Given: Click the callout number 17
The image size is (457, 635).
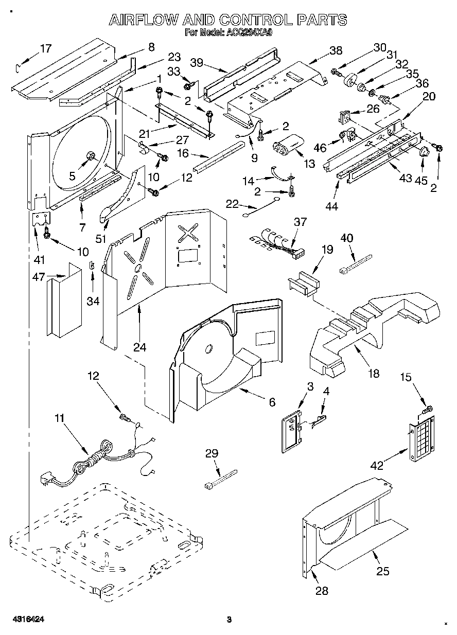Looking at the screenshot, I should click(x=46, y=49).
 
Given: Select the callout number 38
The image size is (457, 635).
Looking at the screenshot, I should click(x=335, y=50).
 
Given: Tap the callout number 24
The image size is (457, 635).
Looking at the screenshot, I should click(x=139, y=347).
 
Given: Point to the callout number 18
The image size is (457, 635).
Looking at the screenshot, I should click(x=374, y=373).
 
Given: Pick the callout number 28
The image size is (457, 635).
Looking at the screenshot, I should click(x=322, y=591).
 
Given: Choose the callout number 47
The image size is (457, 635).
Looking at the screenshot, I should click(x=38, y=277).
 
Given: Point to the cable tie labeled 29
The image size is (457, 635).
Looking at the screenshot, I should click(x=221, y=478).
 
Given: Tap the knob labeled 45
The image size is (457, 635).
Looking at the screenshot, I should click(x=425, y=151).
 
